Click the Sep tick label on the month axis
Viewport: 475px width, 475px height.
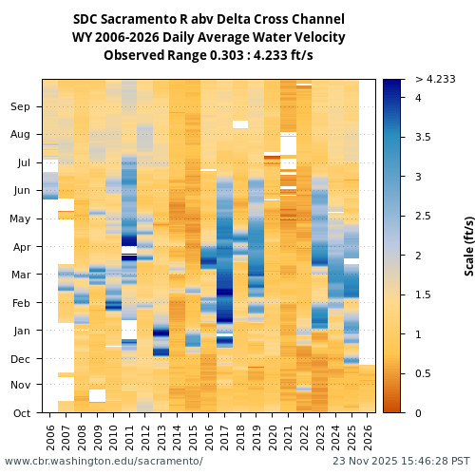(x=20, y=107)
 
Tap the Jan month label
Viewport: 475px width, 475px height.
(x=20, y=331)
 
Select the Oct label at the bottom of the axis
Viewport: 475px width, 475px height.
(x=20, y=413)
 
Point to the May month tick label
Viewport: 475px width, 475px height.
(x=19, y=219)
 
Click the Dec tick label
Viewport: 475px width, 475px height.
(x=20, y=359)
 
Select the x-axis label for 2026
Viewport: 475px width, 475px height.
(x=367, y=436)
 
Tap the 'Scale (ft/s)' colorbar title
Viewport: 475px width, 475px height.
(x=469, y=245)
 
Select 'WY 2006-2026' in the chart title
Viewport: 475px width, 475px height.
(x=112, y=38)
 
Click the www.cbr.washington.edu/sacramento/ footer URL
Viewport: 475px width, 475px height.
(x=104, y=461)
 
